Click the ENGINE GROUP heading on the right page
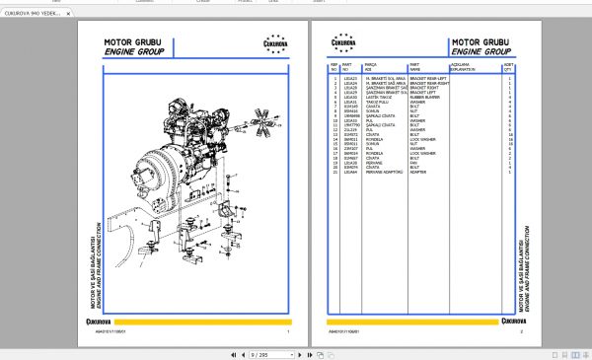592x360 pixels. (481, 51)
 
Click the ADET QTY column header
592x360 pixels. (509, 68)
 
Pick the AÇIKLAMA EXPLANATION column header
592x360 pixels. (463, 68)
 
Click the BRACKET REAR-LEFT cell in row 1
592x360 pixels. (428, 76)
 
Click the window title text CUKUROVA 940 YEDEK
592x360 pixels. (31, 15)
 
